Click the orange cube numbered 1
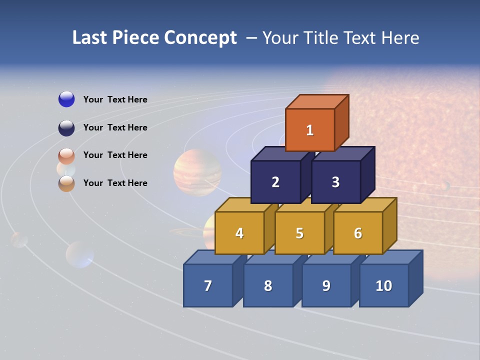310,130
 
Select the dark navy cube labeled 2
275,182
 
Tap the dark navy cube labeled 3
335,182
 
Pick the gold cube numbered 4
239,233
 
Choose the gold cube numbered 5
299,233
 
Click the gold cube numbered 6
358,233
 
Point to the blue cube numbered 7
208,285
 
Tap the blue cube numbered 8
268,285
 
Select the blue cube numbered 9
326,285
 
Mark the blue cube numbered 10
383,285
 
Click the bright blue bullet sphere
66,99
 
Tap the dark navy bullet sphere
66,128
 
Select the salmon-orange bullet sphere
66,156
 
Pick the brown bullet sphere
66,183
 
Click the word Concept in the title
200,38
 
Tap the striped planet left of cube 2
197,172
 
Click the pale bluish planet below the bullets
79,254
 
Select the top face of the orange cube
317,101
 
